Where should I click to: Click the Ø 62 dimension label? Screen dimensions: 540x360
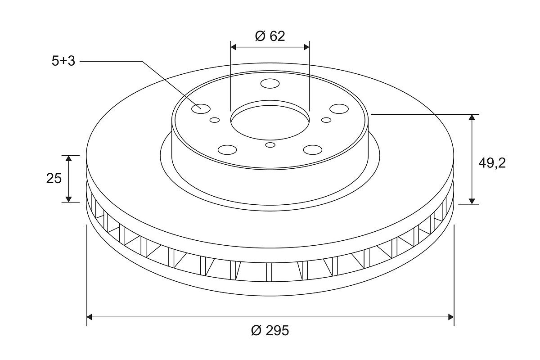pyautogui.click(x=270, y=36)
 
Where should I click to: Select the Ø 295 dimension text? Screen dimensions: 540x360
pyautogui.click(x=270, y=330)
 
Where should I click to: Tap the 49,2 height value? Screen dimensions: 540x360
pyautogui.click(x=492, y=163)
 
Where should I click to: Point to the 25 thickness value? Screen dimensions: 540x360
pyautogui.click(x=54, y=179)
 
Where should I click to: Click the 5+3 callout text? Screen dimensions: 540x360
pyautogui.click(x=63, y=61)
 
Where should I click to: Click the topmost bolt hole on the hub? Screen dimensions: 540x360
pyautogui.click(x=270, y=83)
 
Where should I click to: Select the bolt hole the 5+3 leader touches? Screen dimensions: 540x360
pyautogui.click(x=201, y=109)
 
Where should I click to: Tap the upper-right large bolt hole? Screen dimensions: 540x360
pyautogui.click(x=339, y=109)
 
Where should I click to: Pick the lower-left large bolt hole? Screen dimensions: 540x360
pyautogui.click(x=227, y=150)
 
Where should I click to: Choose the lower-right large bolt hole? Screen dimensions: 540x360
pyautogui.click(x=313, y=150)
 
